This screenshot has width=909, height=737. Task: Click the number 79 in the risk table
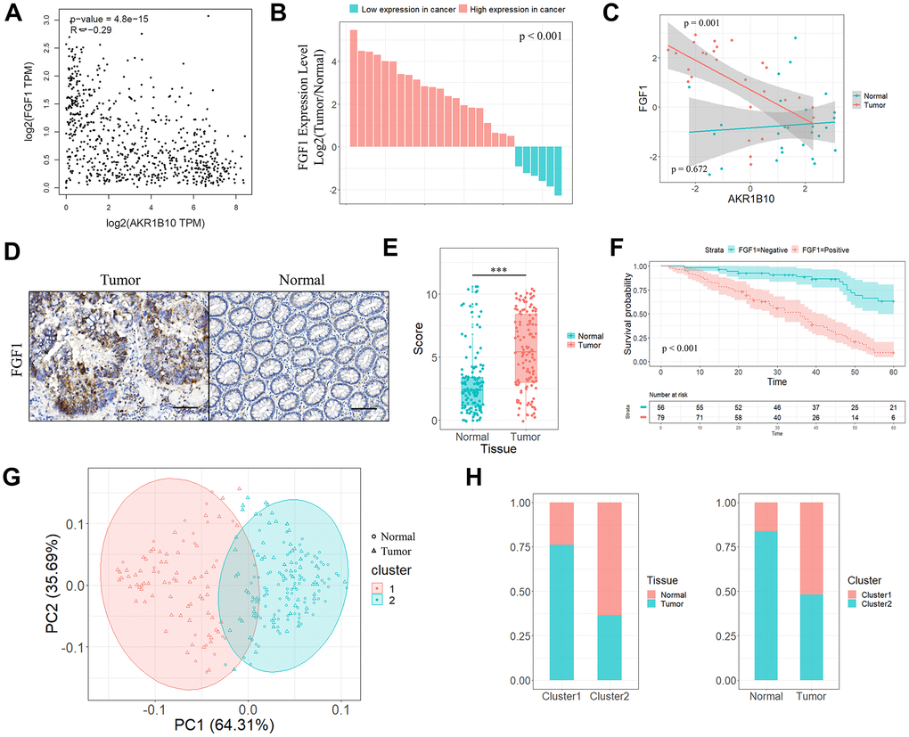(x=660, y=415)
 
